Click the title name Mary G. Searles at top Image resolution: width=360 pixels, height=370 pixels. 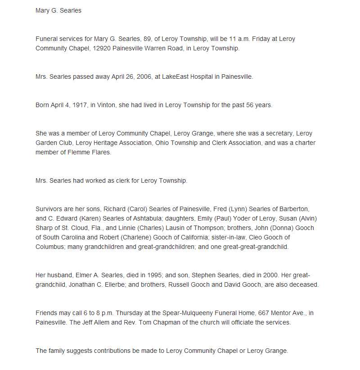tap(58, 10)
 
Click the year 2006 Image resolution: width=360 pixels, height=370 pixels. tap(137, 77)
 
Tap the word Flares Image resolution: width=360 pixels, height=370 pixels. tap(101, 152)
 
